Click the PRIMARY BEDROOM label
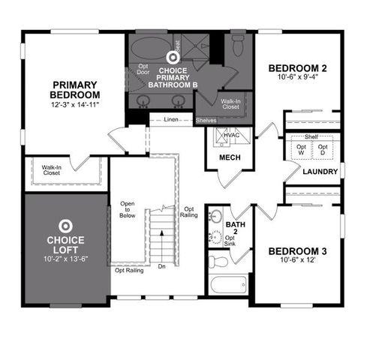(75, 89)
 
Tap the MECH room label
(229, 158)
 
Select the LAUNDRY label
(320, 172)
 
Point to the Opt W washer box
(301, 150)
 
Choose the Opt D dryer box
(323, 150)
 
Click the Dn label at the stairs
(161, 266)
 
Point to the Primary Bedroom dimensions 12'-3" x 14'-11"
(75, 104)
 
